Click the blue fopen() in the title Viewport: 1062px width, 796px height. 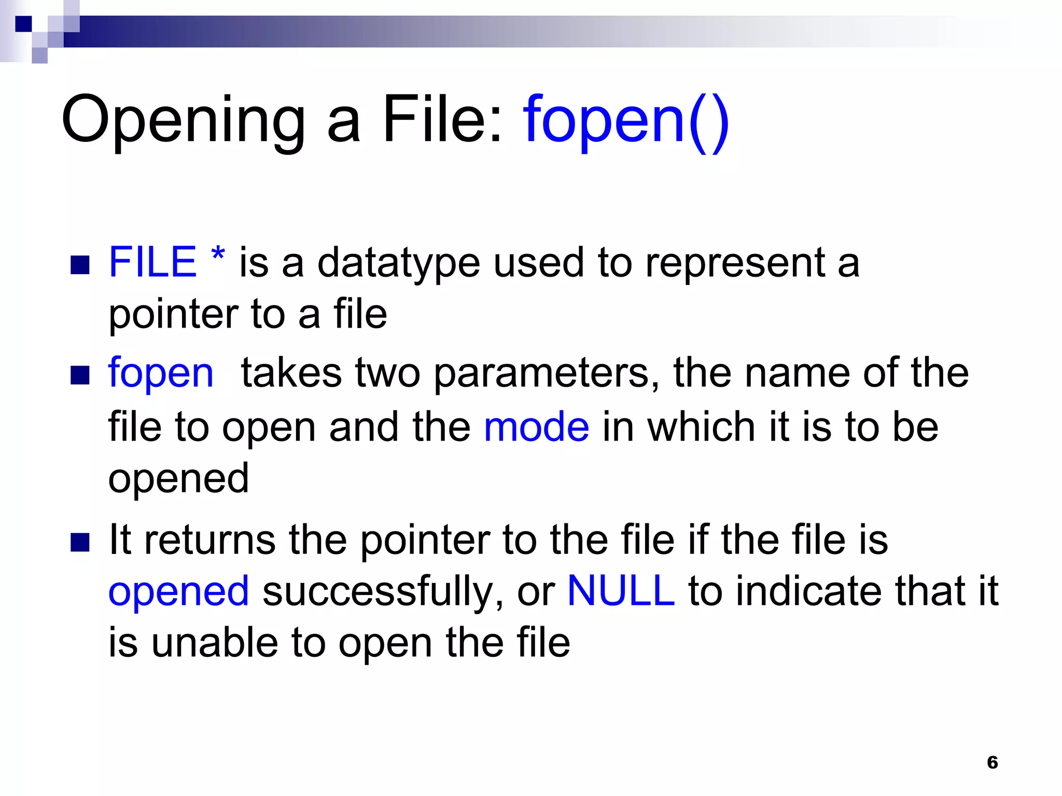click(x=626, y=120)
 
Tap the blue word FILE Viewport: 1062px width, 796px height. click(x=152, y=262)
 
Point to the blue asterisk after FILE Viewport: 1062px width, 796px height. click(x=218, y=255)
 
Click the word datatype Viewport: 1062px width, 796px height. click(x=399, y=263)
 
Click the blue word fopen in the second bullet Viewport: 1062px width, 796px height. click(x=161, y=373)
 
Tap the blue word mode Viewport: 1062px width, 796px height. click(x=536, y=428)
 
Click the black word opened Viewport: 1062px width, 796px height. click(x=178, y=479)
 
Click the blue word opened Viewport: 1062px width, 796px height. click(x=178, y=592)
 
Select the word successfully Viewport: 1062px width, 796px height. click(x=383, y=592)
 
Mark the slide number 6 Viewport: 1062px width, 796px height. click(x=993, y=762)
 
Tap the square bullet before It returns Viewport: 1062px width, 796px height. click(x=80, y=542)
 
